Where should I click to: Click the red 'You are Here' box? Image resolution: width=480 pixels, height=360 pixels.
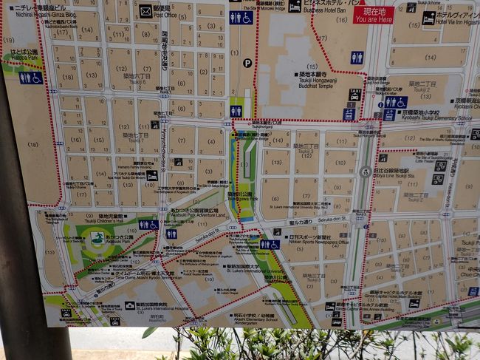pyautogui.click(x=373, y=15)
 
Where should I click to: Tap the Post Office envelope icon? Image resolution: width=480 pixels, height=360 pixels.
pyautogui.click(x=145, y=11)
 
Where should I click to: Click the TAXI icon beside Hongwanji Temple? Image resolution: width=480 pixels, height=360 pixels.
pyautogui.click(x=354, y=95)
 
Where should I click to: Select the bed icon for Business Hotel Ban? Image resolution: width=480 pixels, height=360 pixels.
pyautogui.click(x=294, y=5)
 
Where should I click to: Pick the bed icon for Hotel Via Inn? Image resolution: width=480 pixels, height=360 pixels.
pyautogui.click(x=428, y=18)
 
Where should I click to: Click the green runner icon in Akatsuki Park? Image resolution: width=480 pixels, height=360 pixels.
pyautogui.click(x=97, y=238)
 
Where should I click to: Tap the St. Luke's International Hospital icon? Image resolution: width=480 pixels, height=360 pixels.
pyautogui.click(x=130, y=304)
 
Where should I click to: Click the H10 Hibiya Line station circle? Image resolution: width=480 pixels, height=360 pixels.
pyautogui.click(x=364, y=171)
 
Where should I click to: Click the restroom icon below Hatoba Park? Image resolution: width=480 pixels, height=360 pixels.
pyautogui.click(x=30, y=77)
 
